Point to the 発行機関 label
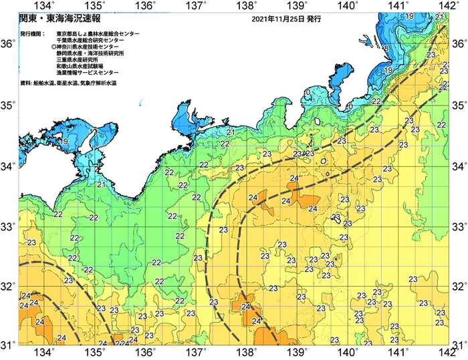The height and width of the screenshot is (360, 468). (33, 33)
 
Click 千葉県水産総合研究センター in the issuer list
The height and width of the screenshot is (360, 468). (92, 40)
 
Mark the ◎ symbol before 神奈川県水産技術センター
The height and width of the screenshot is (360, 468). (53, 47)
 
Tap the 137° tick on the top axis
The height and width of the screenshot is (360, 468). (196, 6)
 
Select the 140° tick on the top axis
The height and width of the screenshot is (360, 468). (348, 6)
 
